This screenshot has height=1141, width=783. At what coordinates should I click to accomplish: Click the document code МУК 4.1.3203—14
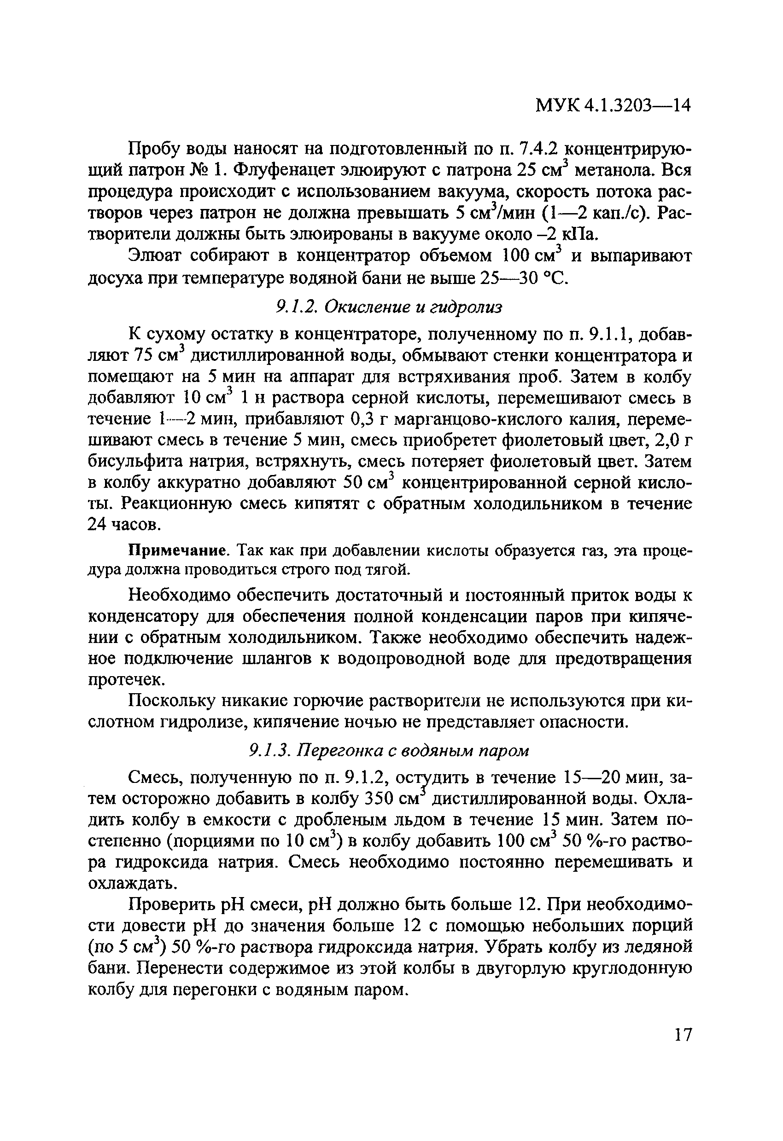pos(613,105)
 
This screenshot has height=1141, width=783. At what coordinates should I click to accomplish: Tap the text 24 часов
pos(124,525)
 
